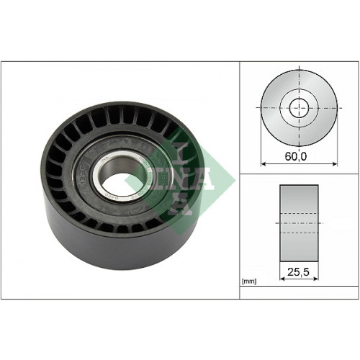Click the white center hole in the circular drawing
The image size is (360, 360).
click(298, 109)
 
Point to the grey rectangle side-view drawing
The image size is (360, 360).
click(298, 209)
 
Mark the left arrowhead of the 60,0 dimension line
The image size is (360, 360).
click(264, 164)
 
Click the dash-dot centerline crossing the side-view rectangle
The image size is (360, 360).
click(298, 223)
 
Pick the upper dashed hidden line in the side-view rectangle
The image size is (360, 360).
click(298, 214)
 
